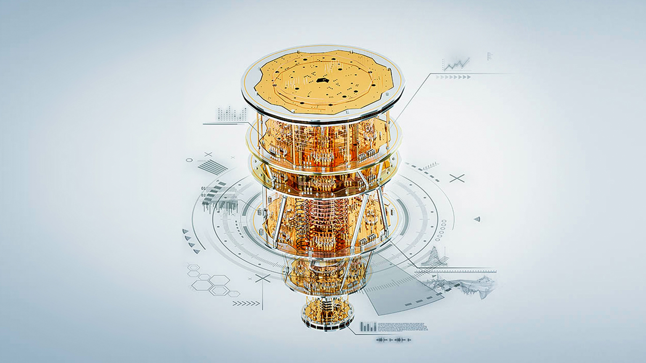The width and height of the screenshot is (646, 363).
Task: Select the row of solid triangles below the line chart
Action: point(454,77)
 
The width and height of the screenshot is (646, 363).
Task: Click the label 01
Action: point(204,189)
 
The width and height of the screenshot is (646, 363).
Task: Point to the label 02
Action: point(204,195)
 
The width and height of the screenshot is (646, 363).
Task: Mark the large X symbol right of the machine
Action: point(457,178)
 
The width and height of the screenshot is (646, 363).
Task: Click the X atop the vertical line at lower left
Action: point(262,278)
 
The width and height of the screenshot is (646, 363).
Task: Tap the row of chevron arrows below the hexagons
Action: point(246,303)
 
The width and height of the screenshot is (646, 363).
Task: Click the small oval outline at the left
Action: point(190,160)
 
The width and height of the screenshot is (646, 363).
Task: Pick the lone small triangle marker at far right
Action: point(477,219)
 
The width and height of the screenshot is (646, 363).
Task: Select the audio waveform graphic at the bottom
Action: point(393,339)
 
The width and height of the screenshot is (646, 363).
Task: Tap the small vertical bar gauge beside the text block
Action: point(368,327)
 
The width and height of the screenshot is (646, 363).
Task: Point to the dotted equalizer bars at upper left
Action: point(232,114)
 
